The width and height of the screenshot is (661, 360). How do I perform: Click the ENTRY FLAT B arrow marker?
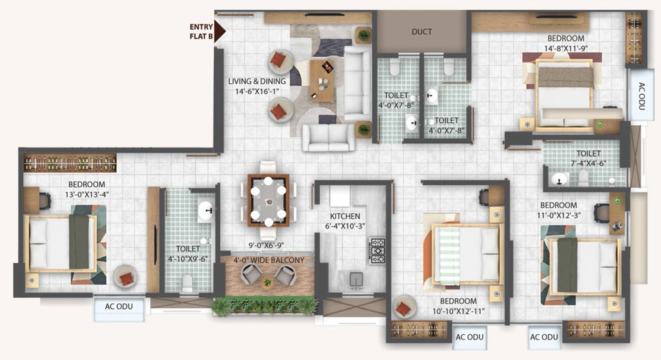(x=219, y=31)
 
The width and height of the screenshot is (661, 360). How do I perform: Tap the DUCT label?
(x=422, y=32)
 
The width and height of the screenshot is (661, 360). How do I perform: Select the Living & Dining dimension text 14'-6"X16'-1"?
(x=257, y=92)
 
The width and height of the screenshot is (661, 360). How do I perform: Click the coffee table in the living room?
(x=321, y=81)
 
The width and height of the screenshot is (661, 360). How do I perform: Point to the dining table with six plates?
(x=268, y=200)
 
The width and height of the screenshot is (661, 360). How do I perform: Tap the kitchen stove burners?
(x=377, y=251)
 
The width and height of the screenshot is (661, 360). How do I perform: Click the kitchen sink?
(x=356, y=280)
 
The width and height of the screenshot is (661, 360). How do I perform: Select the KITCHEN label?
(x=345, y=216)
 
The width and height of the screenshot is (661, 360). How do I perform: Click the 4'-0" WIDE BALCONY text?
(x=269, y=260)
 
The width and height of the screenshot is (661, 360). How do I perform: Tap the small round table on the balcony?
(x=267, y=282)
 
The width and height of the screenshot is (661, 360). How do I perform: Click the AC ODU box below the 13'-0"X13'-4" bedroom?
(x=119, y=307)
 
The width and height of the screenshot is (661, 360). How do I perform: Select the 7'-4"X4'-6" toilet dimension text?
(x=589, y=163)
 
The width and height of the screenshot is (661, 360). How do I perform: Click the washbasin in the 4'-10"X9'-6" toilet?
(x=206, y=210)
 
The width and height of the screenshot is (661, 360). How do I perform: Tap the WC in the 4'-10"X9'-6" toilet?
(x=187, y=283)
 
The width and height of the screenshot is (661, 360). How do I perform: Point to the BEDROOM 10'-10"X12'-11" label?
(x=458, y=306)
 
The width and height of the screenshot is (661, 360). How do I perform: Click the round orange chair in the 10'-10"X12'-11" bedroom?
(x=403, y=308)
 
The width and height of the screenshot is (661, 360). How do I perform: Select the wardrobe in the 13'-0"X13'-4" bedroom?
(x=70, y=163)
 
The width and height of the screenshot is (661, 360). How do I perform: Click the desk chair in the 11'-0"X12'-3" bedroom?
(x=601, y=213)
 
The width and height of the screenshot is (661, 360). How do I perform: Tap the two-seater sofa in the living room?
(x=329, y=137)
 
